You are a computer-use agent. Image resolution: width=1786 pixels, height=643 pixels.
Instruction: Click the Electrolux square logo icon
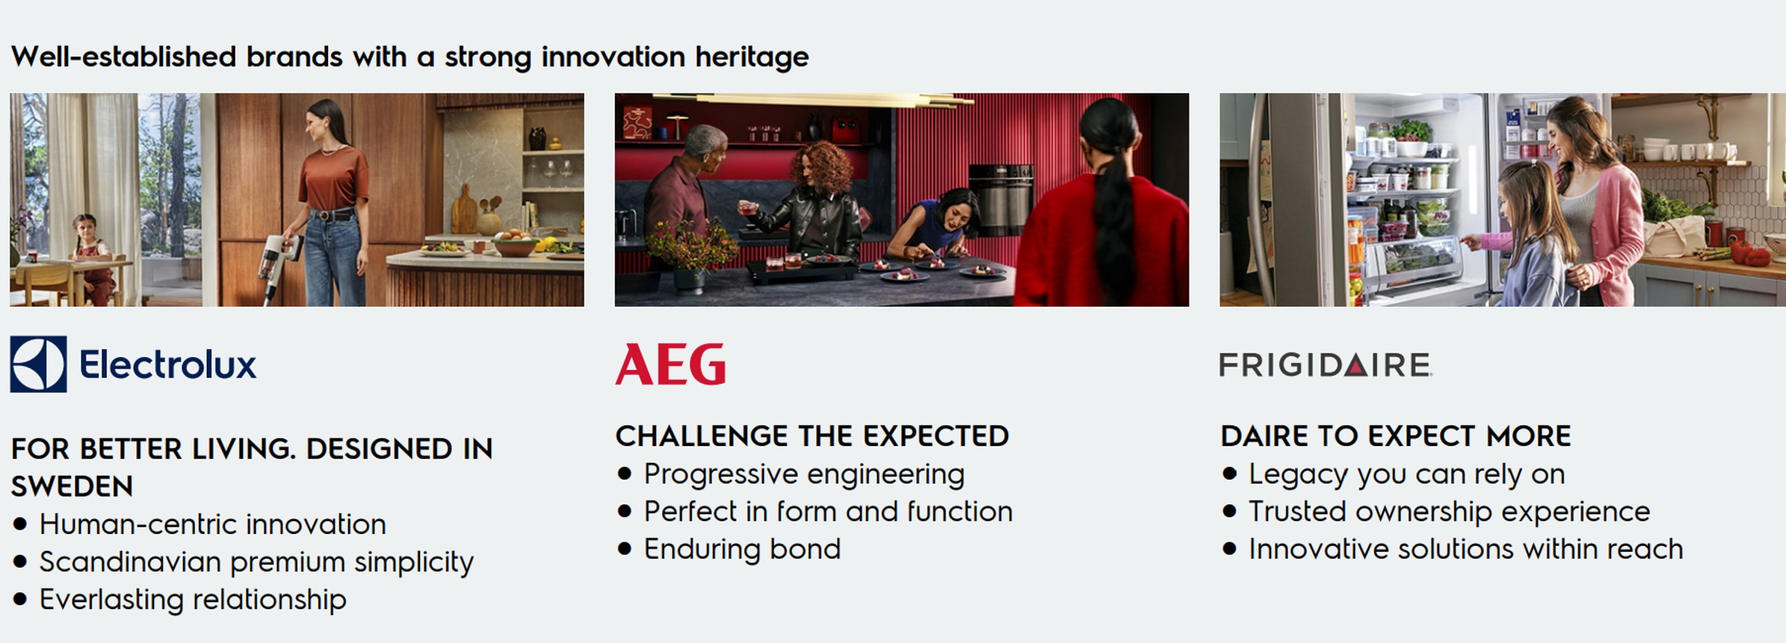click(39, 364)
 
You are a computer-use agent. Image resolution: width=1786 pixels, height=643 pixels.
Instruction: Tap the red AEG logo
click(670, 364)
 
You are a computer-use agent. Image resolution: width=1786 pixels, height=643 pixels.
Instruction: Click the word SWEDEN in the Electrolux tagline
click(72, 487)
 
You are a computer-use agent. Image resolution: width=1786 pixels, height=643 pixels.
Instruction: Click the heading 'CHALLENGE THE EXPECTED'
click(812, 436)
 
